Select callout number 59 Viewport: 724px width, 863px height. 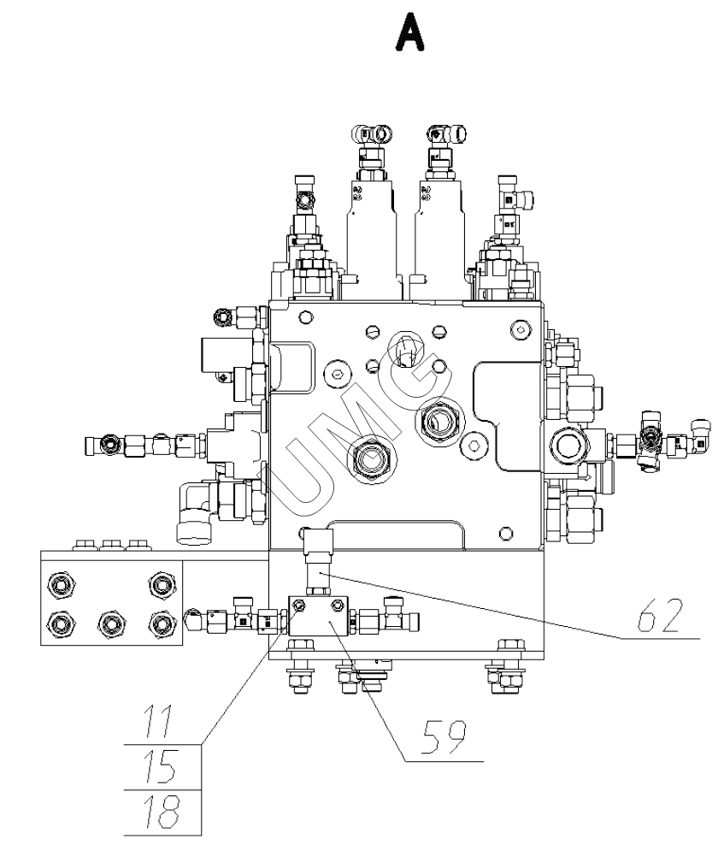point(444,737)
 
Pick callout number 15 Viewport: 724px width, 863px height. point(160,766)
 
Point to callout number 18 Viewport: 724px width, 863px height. point(161,812)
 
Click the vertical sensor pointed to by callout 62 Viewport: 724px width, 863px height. point(318,561)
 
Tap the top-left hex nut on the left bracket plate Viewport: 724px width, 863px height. point(62,583)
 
